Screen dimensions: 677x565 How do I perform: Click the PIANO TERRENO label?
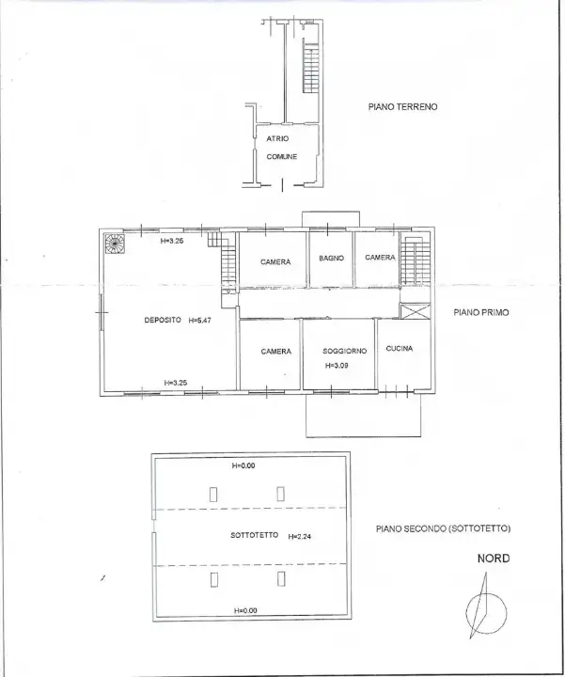(402, 107)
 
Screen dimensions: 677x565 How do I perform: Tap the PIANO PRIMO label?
(480, 312)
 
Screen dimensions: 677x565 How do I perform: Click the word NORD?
(493, 559)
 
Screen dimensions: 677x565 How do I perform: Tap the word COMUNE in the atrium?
(282, 156)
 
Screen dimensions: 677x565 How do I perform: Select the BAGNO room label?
(331, 258)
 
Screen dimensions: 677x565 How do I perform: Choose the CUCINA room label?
(400, 349)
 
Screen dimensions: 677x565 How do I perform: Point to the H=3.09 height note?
(337, 365)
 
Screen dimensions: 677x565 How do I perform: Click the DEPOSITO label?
(163, 320)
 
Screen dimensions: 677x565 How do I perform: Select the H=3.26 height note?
(172, 241)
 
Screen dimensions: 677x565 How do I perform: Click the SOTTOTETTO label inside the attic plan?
(254, 535)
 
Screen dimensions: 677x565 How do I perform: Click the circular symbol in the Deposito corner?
(115, 243)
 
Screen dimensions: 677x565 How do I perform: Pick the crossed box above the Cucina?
(413, 311)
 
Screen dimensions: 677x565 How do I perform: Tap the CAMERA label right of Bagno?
(380, 258)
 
